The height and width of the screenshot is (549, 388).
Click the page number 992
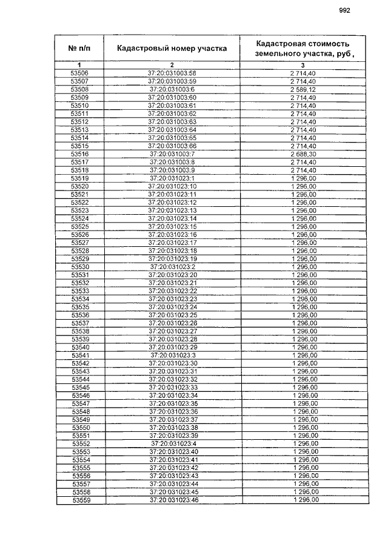point(345,10)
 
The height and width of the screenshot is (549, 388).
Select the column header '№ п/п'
point(79,48)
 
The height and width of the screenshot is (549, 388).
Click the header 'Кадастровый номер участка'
point(172,48)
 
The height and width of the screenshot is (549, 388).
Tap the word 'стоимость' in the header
point(322,44)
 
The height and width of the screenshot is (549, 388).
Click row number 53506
point(79,73)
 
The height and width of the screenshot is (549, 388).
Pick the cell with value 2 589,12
point(303,89)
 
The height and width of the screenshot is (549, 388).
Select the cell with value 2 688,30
point(303,154)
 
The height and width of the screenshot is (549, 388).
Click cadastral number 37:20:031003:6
point(172,89)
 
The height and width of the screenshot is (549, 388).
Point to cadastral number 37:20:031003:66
point(172,146)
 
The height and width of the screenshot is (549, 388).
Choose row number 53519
point(79,178)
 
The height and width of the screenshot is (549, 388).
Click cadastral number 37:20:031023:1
point(172,178)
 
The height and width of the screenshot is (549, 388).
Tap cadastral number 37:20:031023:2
point(172,267)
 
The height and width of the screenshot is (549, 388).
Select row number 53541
point(80,355)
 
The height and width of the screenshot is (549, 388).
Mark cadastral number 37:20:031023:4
point(173,443)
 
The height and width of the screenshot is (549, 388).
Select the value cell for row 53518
point(303,170)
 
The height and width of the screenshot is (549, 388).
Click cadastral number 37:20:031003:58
point(172,73)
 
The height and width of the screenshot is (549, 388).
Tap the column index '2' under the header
point(172,65)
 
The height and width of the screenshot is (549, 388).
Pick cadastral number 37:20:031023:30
point(173,363)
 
